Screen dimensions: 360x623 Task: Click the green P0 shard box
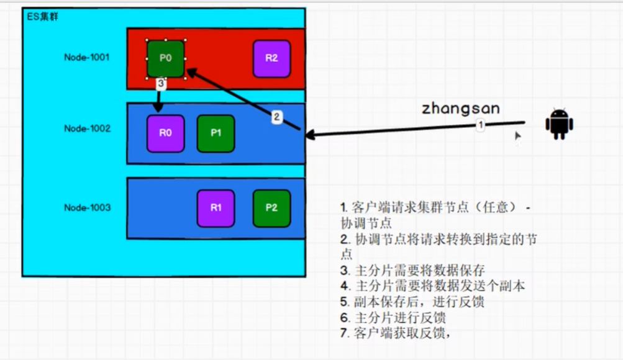166,59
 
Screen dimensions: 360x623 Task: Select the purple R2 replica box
271,59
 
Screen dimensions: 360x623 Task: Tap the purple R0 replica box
165,133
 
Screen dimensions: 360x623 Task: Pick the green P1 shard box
216,133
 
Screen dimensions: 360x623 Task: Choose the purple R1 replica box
216,208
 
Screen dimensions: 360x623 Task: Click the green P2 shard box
271,208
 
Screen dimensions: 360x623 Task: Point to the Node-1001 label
87,57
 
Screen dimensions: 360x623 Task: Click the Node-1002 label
87,128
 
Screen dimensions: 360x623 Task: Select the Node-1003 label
87,207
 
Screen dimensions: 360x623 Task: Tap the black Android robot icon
559,124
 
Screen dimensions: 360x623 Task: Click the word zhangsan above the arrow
460,109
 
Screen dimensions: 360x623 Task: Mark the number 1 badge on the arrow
480,125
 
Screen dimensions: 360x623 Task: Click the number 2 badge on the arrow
278,116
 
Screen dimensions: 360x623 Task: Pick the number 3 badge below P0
160,83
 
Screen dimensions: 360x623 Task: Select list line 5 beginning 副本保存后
412,302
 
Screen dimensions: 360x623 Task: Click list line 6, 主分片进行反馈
393,318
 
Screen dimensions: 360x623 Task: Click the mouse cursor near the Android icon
517,137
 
